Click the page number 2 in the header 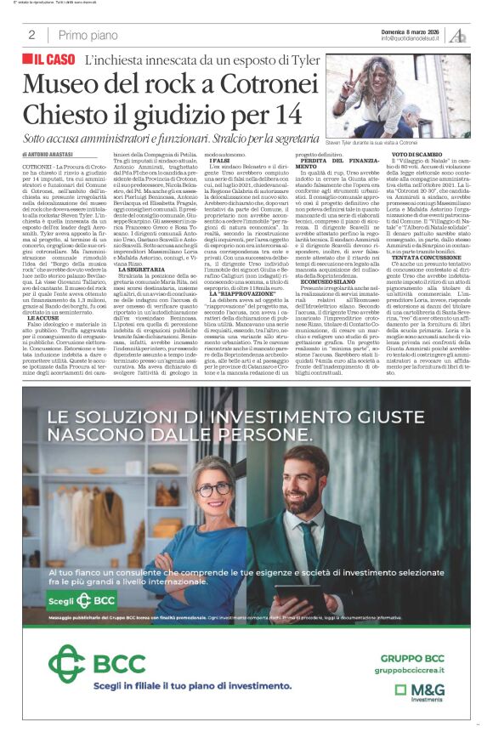pyautogui.click(x=31, y=35)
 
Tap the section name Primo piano pyautogui.click(x=88, y=35)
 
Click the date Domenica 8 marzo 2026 pyautogui.click(x=416, y=30)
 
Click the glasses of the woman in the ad pyautogui.click(x=212, y=489)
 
